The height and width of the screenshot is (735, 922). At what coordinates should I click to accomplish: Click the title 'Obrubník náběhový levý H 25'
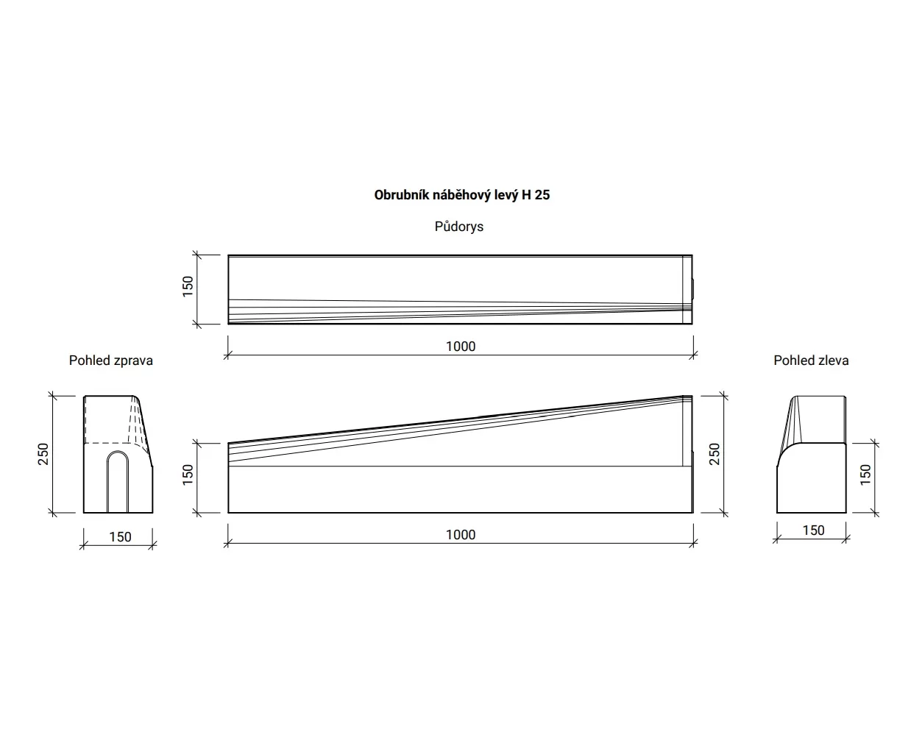click(462, 195)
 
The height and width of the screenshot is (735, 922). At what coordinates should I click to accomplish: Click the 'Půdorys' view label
click(459, 227)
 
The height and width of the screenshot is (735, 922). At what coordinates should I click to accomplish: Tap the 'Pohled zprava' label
click(111, 361)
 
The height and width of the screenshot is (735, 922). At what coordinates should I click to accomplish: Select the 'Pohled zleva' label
click(811, 361)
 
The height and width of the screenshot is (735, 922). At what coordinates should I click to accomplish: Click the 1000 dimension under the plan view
click(461, 347)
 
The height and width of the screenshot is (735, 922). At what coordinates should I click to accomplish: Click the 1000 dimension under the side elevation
click(461, 535)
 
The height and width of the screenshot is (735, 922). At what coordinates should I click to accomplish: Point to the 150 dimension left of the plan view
click(188, 286)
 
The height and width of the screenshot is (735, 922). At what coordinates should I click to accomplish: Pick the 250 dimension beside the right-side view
click(43, 454)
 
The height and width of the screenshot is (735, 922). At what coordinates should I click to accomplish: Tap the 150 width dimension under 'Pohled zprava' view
click(120, 537)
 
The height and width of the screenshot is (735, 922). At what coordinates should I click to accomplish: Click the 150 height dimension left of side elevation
click(188, 475)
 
